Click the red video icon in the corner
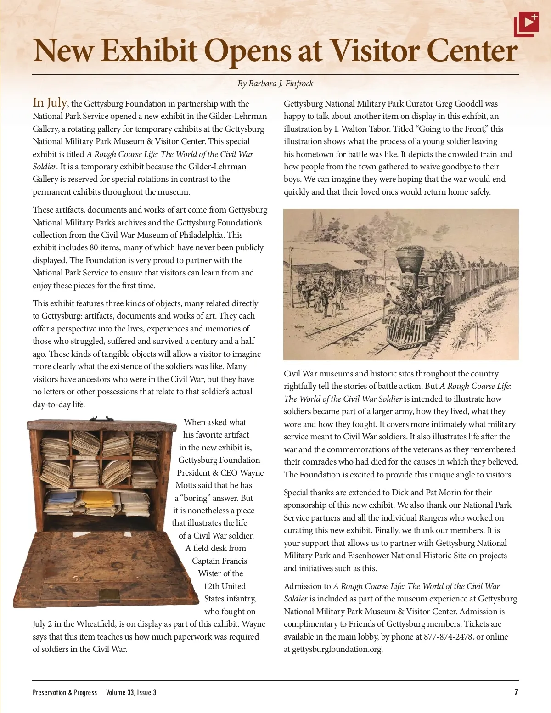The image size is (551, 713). pos(526,24)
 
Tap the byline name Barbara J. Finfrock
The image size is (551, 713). pos(281,84)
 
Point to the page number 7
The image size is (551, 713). pos(516,692)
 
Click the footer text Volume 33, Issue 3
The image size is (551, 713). pos(131,692)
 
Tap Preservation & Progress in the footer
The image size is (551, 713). pos(65,692)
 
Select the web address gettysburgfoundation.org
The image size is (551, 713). pos(337,649)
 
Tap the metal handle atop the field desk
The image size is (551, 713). pos(102,419)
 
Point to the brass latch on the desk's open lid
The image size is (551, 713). pos(109,595)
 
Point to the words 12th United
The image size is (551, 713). pos(225,586)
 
